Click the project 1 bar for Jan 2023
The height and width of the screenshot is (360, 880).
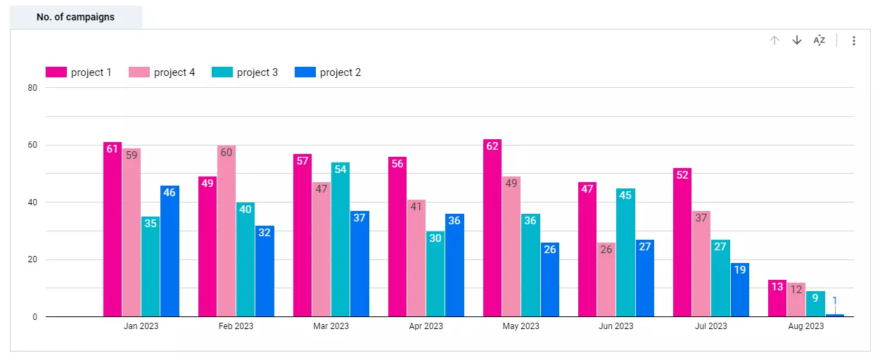point(113,229)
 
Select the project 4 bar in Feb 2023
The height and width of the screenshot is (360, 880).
point(227,231)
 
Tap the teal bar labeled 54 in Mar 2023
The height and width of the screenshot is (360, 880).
point(340,240)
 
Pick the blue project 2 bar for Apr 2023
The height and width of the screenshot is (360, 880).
point(454,265)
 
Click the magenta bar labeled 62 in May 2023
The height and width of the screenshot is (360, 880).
point(492,228)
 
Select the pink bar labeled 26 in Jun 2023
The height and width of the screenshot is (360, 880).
point(606,280)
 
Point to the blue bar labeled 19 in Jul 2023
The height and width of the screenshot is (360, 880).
point(740,290)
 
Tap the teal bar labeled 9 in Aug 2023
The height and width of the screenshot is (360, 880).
point(815,304)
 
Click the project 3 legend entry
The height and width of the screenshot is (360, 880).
point(245,72)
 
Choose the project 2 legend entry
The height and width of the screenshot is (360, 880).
point(328,72)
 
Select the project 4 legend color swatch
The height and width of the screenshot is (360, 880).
point(139,72)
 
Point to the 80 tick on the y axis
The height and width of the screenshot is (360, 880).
point(32,88)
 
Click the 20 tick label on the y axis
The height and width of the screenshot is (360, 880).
point(32,259)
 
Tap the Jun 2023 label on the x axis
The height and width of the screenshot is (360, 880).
point(616,326)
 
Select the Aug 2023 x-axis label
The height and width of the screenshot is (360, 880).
point(805,326)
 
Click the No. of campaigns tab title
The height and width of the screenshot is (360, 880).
point(75,17)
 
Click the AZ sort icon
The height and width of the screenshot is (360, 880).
point(819,41)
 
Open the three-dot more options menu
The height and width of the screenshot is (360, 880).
point(854,41)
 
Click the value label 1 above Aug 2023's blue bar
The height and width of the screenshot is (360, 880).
point(834,301)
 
